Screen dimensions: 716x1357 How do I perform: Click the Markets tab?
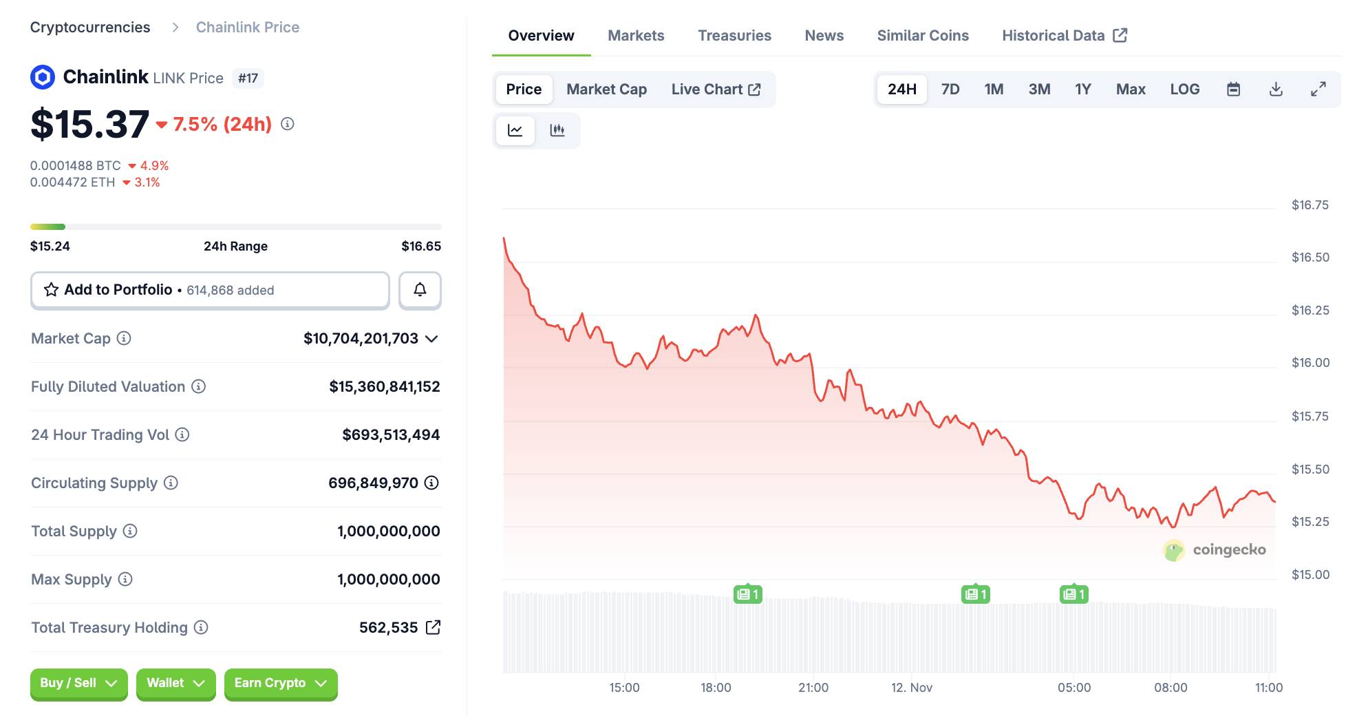point(636,36)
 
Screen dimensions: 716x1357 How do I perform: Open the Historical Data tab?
point(1064,36)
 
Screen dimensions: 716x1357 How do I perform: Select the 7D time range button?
point(950,89)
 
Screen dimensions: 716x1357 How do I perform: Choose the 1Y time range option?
point(1082,89)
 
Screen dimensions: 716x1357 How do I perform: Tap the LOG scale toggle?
point(1184,89)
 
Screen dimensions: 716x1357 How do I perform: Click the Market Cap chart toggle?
point(606,89)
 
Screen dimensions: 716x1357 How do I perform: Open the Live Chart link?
point(716,89)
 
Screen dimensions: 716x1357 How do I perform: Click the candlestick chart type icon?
point(557,130)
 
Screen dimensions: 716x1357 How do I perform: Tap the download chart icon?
point(1276,89)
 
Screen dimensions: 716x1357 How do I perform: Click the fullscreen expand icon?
point(1318,89)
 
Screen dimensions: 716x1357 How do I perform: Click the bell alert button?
point(420,290)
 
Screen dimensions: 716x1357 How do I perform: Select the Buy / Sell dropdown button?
point(78,684)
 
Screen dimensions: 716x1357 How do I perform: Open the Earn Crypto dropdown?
point(280,684)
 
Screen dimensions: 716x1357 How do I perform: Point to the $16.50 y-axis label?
point(1310,257)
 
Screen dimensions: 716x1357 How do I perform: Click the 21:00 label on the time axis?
point(813,688)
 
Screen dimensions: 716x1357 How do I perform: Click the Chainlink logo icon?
point(43,77)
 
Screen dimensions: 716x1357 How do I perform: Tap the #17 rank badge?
point(248,78)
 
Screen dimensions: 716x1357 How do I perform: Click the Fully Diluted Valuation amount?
point(384,387)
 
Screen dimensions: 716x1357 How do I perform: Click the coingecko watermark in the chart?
point(1215,550)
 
